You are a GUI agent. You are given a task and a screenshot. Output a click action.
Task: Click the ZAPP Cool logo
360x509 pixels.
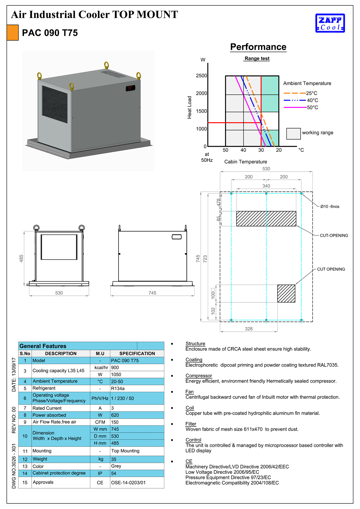pos(330,23)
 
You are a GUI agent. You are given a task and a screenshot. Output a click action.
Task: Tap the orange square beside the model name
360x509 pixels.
pos(13,33)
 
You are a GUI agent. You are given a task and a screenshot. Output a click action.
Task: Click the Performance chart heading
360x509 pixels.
pos(258,47)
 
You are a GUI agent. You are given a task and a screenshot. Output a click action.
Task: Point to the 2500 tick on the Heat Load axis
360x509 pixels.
pos(201,76)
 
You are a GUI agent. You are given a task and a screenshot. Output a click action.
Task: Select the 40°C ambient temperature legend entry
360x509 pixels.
pos(301,100)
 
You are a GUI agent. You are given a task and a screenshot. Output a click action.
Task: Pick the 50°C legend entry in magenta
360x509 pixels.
pos(301,107)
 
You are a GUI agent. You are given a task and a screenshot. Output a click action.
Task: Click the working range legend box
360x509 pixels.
pos(293,134)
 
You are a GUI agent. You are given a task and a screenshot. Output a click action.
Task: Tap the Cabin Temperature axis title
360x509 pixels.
pos(246,162)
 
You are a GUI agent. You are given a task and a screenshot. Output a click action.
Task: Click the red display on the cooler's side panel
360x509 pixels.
pos(130,88)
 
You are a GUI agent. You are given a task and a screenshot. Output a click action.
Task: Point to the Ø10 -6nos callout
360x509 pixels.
pos(330,207)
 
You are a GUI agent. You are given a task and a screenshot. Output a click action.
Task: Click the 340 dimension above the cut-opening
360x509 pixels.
pos(266,186)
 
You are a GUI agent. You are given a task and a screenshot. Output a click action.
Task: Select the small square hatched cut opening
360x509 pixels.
pos(286,293)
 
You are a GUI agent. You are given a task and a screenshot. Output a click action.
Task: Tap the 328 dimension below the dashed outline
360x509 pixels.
pos(249,329)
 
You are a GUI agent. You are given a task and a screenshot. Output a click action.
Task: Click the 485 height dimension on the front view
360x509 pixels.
pos(21,258)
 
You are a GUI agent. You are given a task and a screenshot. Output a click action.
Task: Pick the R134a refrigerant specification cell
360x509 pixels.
pos(137,388)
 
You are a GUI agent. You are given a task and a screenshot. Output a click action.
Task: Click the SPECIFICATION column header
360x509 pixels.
pos(137,354)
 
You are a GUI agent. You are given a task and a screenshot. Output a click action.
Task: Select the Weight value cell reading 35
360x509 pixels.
pos(137,459)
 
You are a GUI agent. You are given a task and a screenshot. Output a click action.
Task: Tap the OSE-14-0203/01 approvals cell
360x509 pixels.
pos(137,483)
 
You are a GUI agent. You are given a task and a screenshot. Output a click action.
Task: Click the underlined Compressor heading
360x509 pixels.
pos(199,376)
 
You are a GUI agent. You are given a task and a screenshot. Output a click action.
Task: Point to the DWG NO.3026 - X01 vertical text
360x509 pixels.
pos(14,466)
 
